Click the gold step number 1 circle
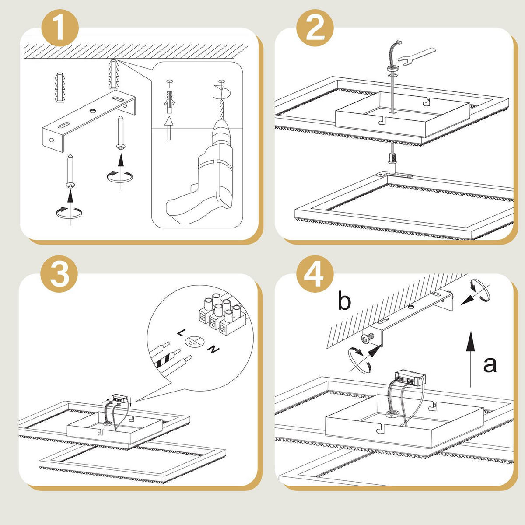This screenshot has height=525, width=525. [60, 28]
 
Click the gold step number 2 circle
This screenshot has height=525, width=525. [315, 28]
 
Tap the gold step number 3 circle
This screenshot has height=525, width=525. [59, 274]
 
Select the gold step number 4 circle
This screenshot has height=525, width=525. [315, 274]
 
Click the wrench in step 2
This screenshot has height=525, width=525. [416, 56]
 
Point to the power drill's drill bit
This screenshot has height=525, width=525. [221, 110]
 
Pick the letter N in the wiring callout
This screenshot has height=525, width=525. [213, 349]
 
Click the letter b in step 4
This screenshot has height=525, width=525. [344, 301]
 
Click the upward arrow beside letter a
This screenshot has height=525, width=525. [470, 359]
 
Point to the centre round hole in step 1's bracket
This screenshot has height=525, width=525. [93, 111]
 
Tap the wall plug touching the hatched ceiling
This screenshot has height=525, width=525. [114, 74]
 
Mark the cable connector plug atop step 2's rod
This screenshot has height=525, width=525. [398, 42]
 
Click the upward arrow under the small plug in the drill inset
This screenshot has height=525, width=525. [169, 128]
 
